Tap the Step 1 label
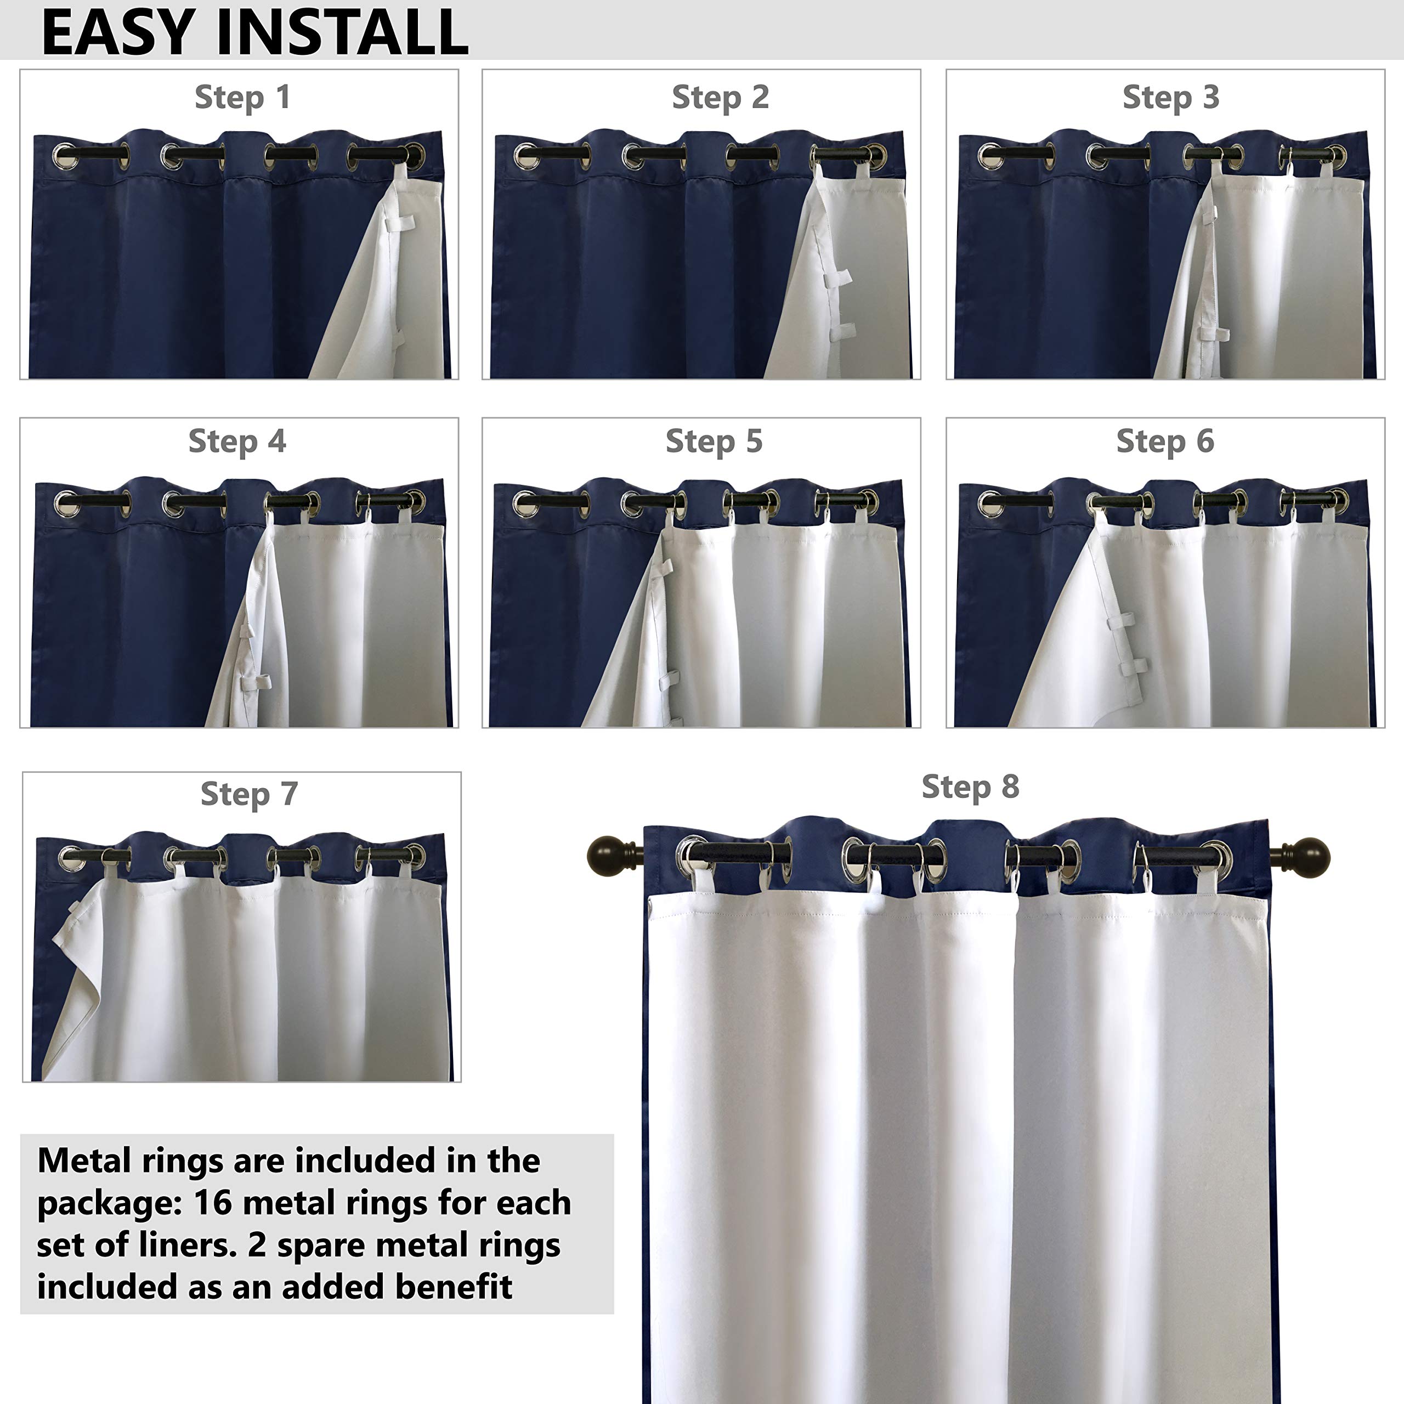(243, 98)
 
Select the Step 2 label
(720, 98)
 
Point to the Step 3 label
(1171, 98)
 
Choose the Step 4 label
(237, 441)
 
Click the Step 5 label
(715, 441)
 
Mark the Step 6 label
(1165, 441)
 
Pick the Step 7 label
(249, 794)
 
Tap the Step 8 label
(970, 786)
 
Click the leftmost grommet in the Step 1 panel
(64, 156)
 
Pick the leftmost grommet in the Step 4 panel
(66, 503)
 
